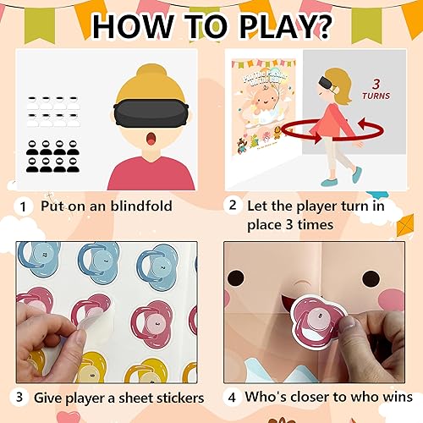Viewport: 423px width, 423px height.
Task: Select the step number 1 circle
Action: (x=21, y=206)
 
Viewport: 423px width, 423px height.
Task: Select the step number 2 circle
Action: (x=232, y=206)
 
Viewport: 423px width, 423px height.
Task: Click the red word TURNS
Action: (x=377, y=96)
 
